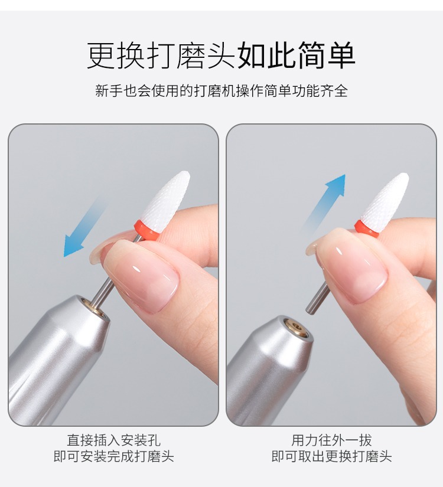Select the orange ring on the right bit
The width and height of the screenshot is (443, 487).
(367, 229)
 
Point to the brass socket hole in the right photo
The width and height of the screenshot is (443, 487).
(297, 327)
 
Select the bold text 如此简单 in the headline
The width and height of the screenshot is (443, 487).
(297, 55)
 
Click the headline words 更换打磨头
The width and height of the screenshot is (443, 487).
(161, 55)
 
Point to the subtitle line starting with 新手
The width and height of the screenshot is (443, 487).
(221, 91)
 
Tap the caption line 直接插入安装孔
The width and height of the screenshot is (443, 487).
(113, 440)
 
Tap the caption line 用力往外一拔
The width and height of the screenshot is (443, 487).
(331, 440)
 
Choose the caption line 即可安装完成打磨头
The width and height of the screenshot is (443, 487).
(113, 456)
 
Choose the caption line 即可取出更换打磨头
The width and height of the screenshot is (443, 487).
(331, 456)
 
